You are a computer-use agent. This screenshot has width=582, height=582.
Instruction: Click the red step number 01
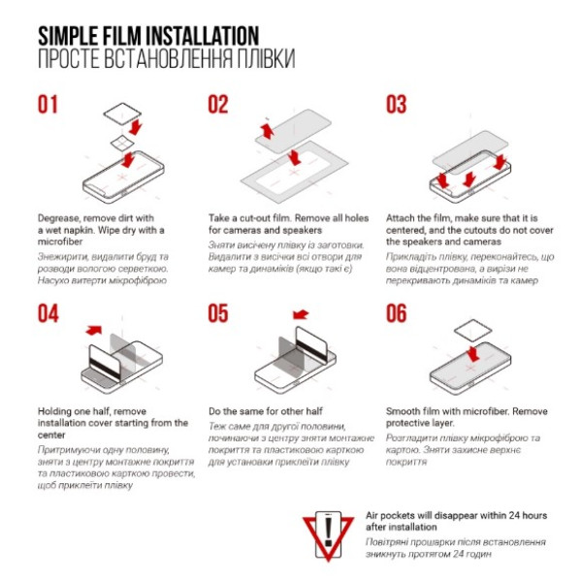pos(48,105)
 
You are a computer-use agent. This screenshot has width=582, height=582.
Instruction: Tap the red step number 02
pos(218,105)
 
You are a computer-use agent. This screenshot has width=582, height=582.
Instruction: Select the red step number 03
pos(397,105)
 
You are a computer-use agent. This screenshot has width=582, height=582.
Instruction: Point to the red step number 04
pos(48,313)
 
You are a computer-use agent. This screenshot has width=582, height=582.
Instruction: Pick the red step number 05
pos(218,313)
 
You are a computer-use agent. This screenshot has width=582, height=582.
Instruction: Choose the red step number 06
pos(397,313)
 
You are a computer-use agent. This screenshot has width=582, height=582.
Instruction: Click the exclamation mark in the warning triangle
pos(328,533)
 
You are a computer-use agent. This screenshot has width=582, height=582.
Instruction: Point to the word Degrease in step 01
pos(58,218)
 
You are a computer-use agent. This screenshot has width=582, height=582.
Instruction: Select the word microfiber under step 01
pos(60,242)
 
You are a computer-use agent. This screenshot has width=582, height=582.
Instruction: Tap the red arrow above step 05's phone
pos(301,314)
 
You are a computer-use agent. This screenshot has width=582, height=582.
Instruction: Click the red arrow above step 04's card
pos(93,330)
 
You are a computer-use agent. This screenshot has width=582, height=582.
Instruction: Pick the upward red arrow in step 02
pos(268,131)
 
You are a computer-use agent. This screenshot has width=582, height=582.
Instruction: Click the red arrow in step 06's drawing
pos(473,354)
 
